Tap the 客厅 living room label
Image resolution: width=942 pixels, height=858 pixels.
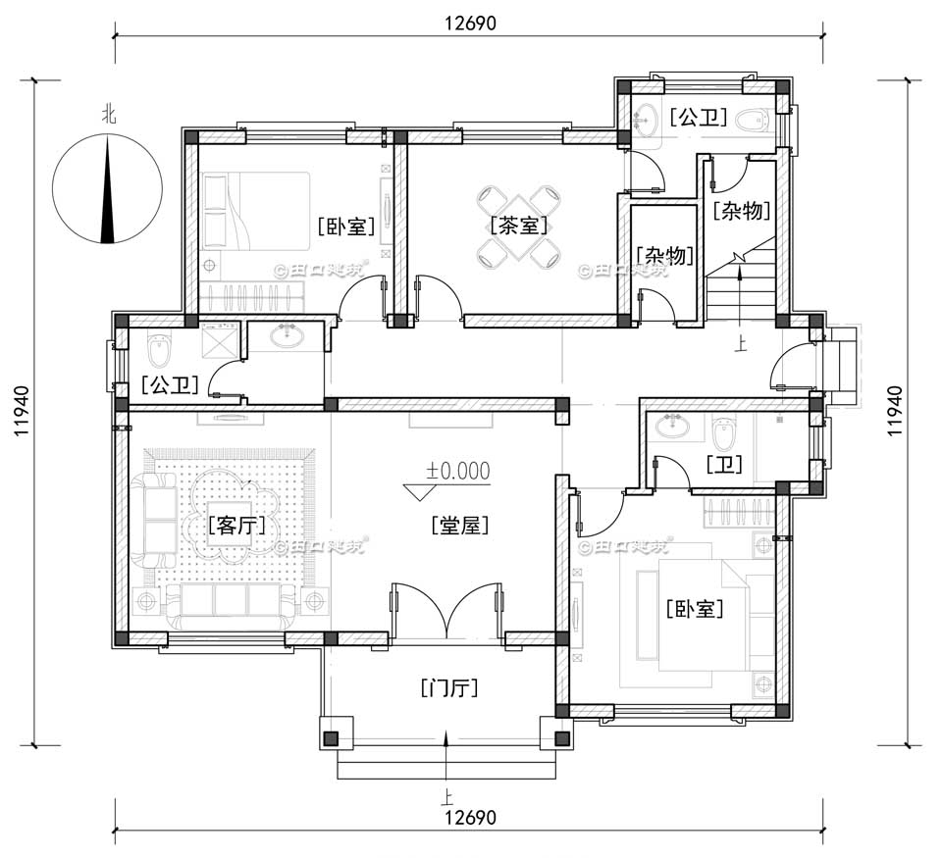coord(236,526)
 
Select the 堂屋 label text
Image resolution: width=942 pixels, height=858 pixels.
coord(459,526)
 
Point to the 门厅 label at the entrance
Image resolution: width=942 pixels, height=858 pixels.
coord(447,687)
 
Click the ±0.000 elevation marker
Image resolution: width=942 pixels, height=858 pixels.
coord(457,471)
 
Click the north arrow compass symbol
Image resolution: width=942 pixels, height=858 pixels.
coord(107,189)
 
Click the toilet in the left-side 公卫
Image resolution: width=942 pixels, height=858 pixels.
coord(158,347)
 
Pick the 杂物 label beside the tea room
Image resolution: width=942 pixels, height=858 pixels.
coord(665,256)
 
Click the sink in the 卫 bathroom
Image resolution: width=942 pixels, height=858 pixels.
coord(675,427)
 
